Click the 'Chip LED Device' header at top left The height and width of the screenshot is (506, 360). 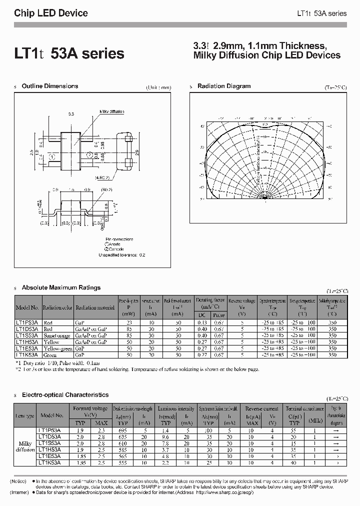tap(51, 13)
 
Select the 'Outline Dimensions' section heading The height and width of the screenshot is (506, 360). tap(49, 86)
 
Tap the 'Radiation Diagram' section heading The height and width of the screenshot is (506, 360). tap(223, 86)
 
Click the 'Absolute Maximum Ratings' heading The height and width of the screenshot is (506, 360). tap(61, 287)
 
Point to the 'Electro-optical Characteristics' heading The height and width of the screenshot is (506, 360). tap(65, 395)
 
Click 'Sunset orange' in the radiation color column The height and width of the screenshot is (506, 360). tap(56, 336)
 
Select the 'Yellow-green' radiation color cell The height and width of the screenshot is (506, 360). tap(57, 348)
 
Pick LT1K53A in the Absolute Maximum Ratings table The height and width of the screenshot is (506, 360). tap(27, 354)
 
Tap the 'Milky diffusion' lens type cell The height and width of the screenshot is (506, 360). tap(25, 446)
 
